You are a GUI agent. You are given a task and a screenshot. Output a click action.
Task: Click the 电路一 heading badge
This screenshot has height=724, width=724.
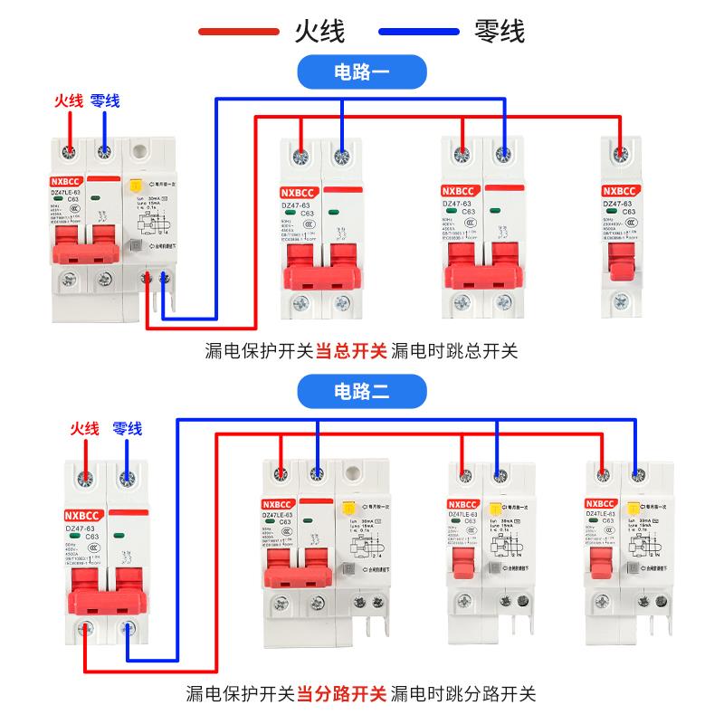[362, 71]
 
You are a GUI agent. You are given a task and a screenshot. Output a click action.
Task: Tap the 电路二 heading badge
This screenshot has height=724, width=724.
[362, 392]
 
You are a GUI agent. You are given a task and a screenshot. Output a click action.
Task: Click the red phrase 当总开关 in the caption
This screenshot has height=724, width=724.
[351, 350]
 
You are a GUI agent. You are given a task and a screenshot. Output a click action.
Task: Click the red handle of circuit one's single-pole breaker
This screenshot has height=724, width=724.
[620, 262]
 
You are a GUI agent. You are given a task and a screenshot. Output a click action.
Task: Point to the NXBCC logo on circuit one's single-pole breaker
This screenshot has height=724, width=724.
[622, 191]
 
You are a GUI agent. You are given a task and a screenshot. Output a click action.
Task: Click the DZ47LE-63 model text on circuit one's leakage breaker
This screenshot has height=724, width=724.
[64, 192]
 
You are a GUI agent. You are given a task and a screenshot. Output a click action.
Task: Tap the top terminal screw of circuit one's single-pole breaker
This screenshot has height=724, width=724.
[621, 153]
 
